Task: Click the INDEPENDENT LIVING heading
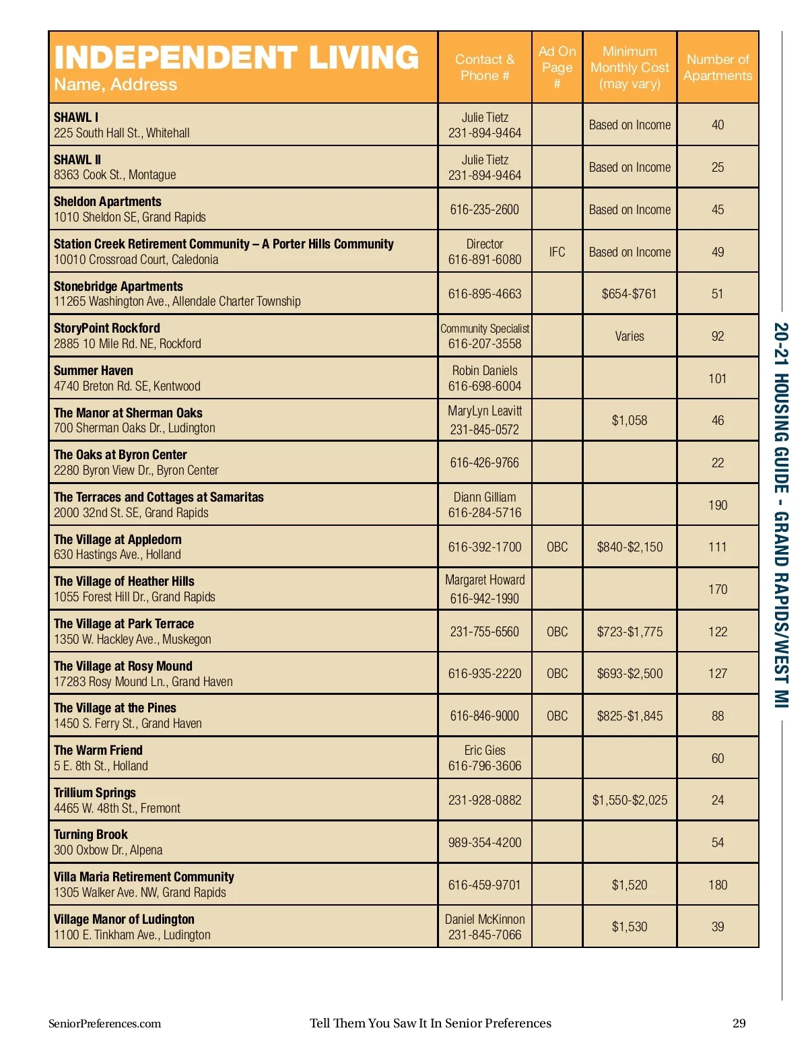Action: click(236, 58)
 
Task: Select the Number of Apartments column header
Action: click(718, 67)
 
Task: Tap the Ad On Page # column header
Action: click(557, 67)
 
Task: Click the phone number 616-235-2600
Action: click(485, 209)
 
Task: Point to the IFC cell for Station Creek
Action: click(557, 252)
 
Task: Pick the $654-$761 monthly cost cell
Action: click(629, 294)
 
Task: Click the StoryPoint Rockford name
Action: click(107, 329)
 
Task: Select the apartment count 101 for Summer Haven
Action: click(718, 378)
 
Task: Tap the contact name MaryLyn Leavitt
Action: click(485, 411)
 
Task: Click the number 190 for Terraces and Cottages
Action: click(718, 505)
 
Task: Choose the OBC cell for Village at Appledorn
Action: click(557, 547)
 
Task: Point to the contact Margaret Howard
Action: click(485, 580)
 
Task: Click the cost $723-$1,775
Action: click(630, 632)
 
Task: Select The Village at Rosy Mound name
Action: click(123, 666)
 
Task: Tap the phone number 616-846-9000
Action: click(485, 716)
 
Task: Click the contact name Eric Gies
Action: click(485, 750)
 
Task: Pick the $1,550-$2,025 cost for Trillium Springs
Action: click(630, 800)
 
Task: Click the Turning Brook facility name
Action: click(91, 835)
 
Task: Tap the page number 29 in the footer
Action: click(739, 1023)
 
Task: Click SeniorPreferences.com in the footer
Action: click(105, 1023)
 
